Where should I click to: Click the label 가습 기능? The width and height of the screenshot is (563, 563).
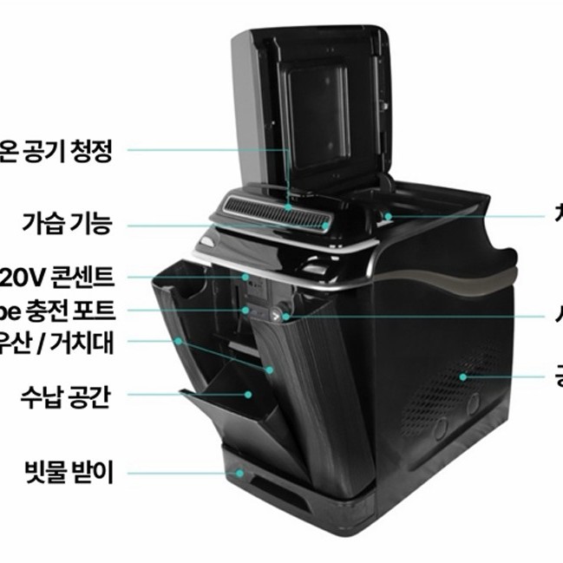click(x=67, y=226)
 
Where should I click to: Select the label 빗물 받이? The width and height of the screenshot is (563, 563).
click(x=70, y=474)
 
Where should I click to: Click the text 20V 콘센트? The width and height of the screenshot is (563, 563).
click(x=57, y=277)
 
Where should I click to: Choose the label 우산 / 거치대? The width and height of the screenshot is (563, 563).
click(x=57, y=340)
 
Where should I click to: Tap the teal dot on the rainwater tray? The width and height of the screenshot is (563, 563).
click(x=240, y=474)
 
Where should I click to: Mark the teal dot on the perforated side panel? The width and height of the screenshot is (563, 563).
click(x=463, y=376)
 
